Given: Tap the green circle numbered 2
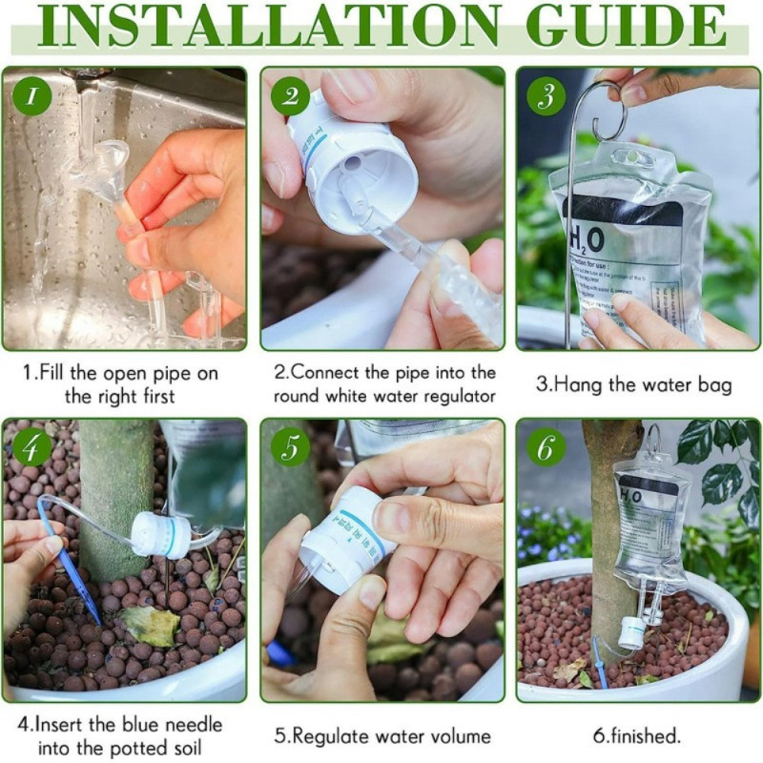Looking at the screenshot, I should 290,96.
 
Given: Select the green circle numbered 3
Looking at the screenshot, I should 546,96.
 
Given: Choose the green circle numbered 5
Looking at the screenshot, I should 290,447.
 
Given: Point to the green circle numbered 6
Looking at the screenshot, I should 546,447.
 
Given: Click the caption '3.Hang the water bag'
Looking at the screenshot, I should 633,385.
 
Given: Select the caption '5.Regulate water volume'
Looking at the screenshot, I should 382,735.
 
